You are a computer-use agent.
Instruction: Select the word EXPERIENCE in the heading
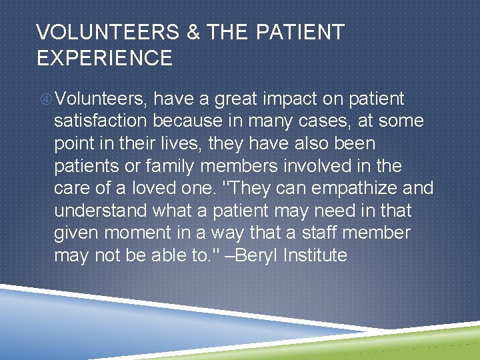point(105,58)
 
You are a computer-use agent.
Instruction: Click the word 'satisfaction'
point(100,121)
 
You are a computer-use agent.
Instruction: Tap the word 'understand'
point(101,211)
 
